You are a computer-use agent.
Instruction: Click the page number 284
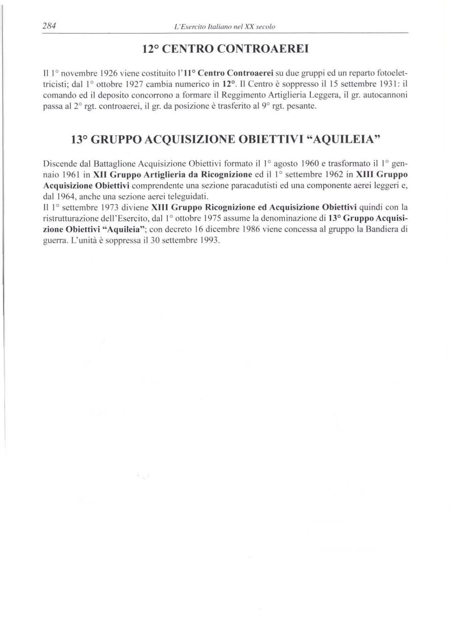pos(49,26)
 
